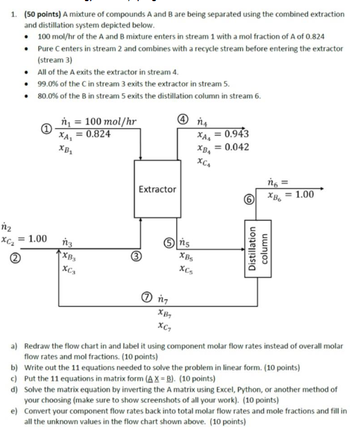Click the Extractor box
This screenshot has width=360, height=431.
(157, 189)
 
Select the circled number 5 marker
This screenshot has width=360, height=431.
(168, 243)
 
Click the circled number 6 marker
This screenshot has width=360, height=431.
(251, 199)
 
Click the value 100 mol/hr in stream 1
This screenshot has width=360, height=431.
(106, 122)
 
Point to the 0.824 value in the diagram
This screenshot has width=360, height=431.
(99, 134)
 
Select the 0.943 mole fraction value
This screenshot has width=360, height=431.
(234, 134)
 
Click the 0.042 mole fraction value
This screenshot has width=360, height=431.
(234, 147)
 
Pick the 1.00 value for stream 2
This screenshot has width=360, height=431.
(37, 239)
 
